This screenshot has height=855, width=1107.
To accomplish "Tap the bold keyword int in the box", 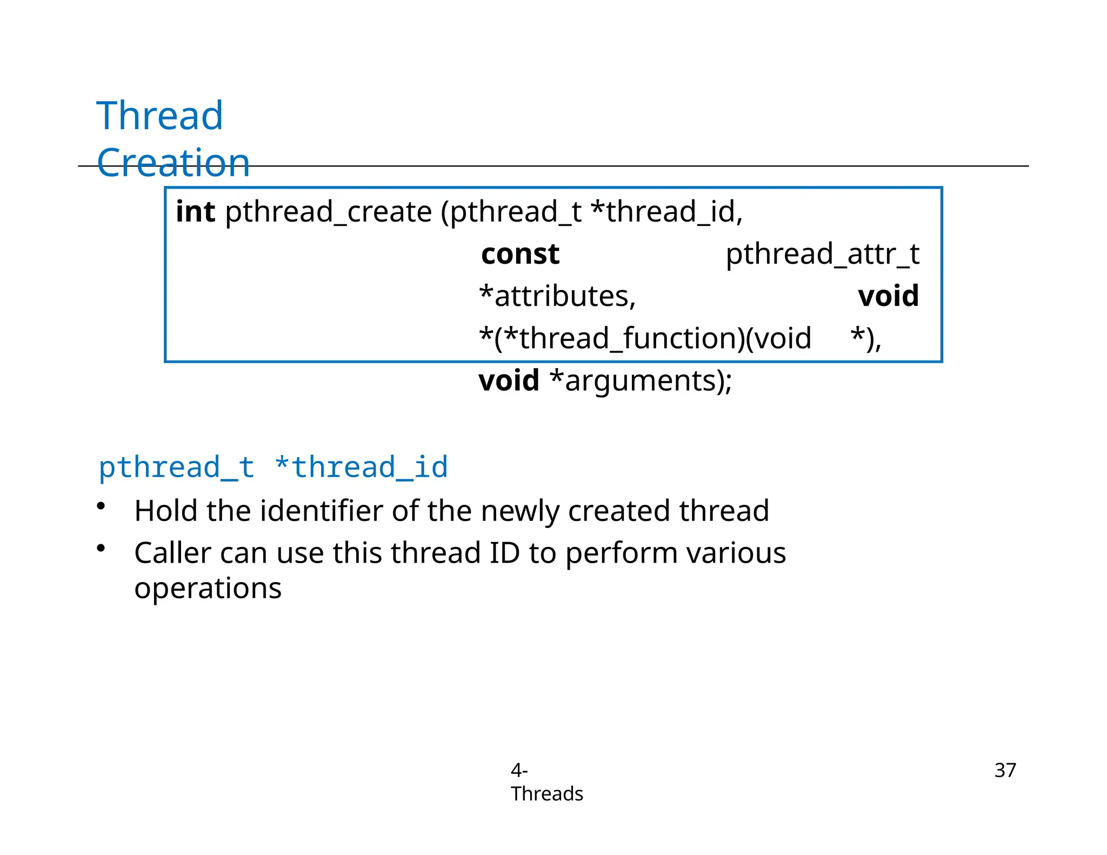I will pos(195,211).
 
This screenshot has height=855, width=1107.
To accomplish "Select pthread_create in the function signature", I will pos(328,211).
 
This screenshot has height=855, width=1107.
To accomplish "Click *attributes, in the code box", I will pos(557,296).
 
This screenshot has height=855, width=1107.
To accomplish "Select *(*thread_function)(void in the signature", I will pos(645,338).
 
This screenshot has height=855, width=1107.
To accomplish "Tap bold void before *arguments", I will pos(509,380).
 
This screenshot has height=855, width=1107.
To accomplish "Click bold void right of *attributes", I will pos(888,296).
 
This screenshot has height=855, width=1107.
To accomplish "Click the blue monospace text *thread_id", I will pos(361,467).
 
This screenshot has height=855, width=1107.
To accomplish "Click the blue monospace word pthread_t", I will pos(176,467).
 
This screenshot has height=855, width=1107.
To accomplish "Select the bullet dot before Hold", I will pos(101,506).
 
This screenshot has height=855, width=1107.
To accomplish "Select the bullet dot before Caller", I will pos(101,548).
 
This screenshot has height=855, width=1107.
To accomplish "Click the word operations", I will pos(208,588).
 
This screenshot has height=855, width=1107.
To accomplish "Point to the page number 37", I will pos(1005,770).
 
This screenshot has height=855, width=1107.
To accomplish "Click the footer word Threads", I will pos(546,794).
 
